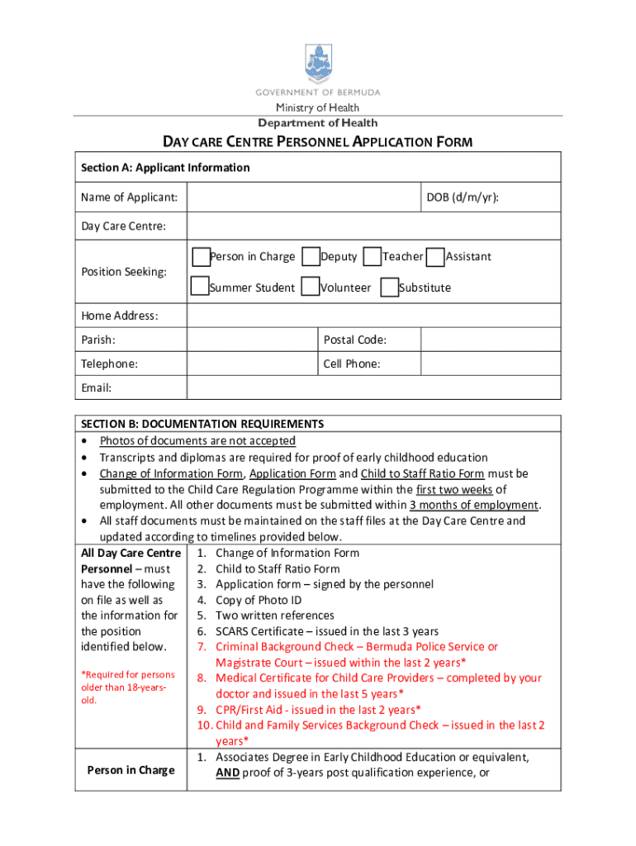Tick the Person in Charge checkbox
pos(200,256)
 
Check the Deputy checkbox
pos(311,256)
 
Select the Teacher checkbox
pos(373,256)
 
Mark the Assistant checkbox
pos(437,256)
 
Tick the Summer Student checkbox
pos(200,287)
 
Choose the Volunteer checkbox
pos(311,287)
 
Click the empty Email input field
pos(373,387)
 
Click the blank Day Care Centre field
pos(373,226)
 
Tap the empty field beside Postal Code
pos(491,340)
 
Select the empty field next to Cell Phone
pos(491,364)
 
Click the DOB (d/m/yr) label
pos(462,197)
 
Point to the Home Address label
pos(119,316)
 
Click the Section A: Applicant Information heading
pos(165,168)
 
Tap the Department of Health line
pos(318,123)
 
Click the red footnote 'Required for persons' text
pos(127,675)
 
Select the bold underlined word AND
pos(227,772)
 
